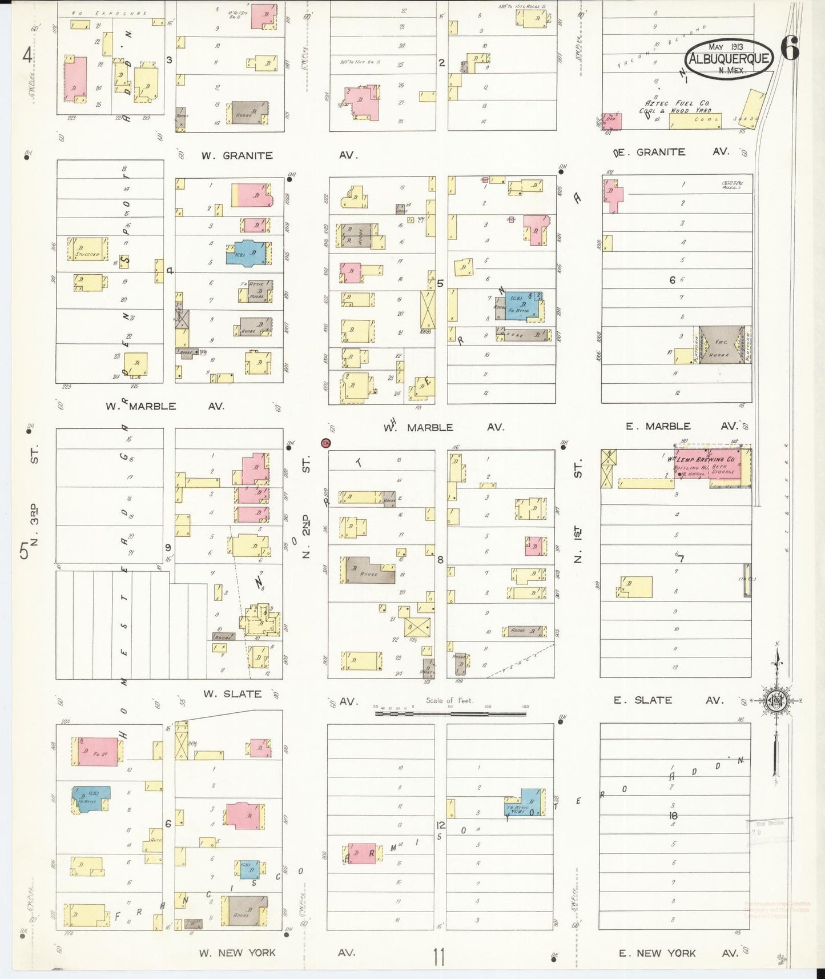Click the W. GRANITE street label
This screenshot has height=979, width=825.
[x=237, y=155]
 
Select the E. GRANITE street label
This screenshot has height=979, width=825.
[x=653, y=152]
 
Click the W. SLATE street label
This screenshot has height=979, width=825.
[x=233, y=694]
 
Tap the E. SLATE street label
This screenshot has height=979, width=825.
[x=643, y=700]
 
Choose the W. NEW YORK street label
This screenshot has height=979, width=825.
[x=238, y=953]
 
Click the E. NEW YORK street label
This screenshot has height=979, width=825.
[x=657, y=953]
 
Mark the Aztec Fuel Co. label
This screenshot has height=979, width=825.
[x=678, y=103]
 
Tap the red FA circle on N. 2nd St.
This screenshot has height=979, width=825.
[x=326, y=443]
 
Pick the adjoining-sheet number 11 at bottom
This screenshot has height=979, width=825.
[x=438, y=956]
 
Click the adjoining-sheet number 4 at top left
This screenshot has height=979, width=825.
[x=27, y=55]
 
